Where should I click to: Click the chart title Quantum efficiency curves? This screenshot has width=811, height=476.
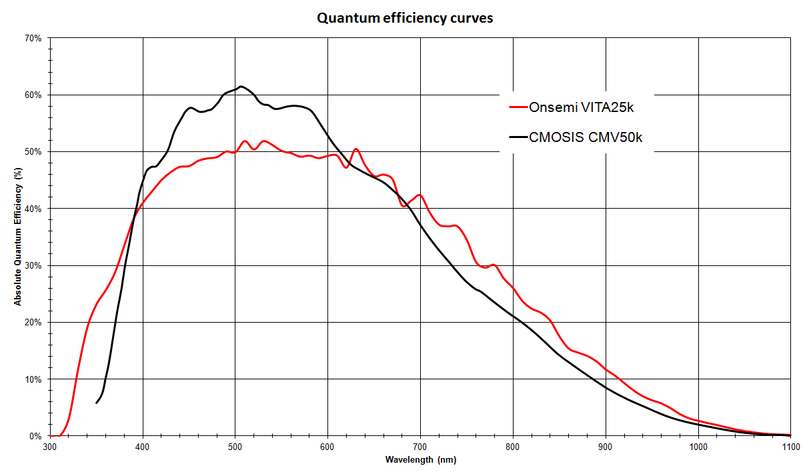[x=405, y=18]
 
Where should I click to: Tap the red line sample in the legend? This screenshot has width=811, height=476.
[x=518, y=107]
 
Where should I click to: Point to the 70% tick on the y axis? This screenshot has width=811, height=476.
[x=33, y=38]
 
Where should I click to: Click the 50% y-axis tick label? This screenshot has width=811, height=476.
[x=33, y=152]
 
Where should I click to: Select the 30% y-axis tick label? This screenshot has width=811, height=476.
[x=33, y=265]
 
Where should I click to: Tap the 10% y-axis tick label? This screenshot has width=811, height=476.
[x=33, y=379]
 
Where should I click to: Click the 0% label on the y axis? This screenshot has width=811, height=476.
[x=36, y=436]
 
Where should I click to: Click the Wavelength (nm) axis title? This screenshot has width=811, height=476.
[x=420, y=460]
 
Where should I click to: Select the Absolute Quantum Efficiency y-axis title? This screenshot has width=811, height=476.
[x=19, y=237]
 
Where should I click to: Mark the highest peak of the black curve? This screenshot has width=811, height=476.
[x=241, y=86]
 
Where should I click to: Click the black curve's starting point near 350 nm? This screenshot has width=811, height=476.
[x=97, y=403]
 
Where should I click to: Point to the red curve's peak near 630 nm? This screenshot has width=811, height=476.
[x=356, y=149]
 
